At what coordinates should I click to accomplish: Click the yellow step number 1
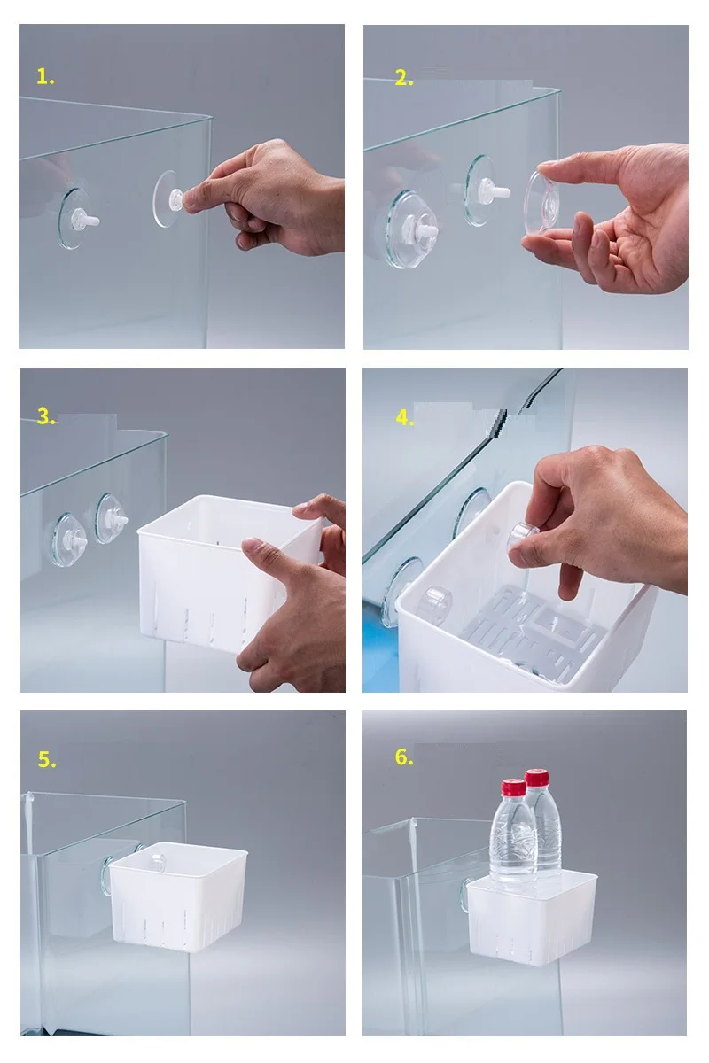[x=45, y=77]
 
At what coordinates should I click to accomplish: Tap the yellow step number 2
[x=404, y=78]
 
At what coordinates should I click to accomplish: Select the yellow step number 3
[x=47, y=416]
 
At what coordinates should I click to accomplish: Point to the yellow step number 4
[x=405, y=418]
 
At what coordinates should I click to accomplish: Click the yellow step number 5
[x=47, y=759]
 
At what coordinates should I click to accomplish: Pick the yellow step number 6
[x=404, y=757]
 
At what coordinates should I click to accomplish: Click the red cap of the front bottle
[x=514, y=788]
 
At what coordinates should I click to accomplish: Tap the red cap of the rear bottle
[x=537, y=777]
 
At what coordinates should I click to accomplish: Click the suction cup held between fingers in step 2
[x=543, y=203]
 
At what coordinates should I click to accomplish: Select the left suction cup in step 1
[x=75, y=219]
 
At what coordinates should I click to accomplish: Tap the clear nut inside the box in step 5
[x=157, y=861]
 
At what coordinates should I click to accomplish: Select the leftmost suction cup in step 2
[x=410, y=229]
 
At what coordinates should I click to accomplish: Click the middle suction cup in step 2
[x=485, y=190]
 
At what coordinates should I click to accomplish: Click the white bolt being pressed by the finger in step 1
[x=176, y=198]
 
